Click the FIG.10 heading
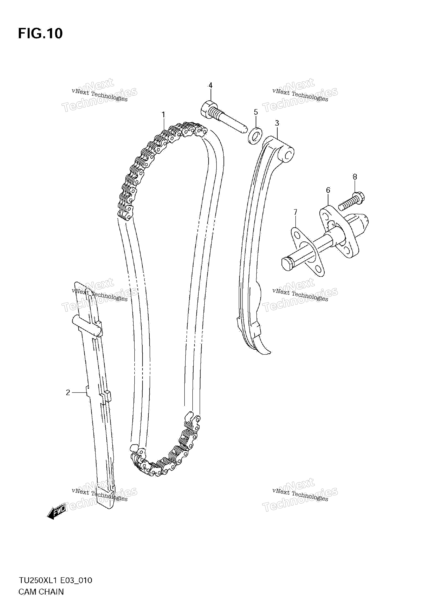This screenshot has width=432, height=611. click(40, 34)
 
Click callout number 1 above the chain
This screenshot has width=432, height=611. click(163, 115)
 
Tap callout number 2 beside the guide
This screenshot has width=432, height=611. click(68, 393)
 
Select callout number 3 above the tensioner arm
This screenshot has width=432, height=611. click(277, 123)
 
